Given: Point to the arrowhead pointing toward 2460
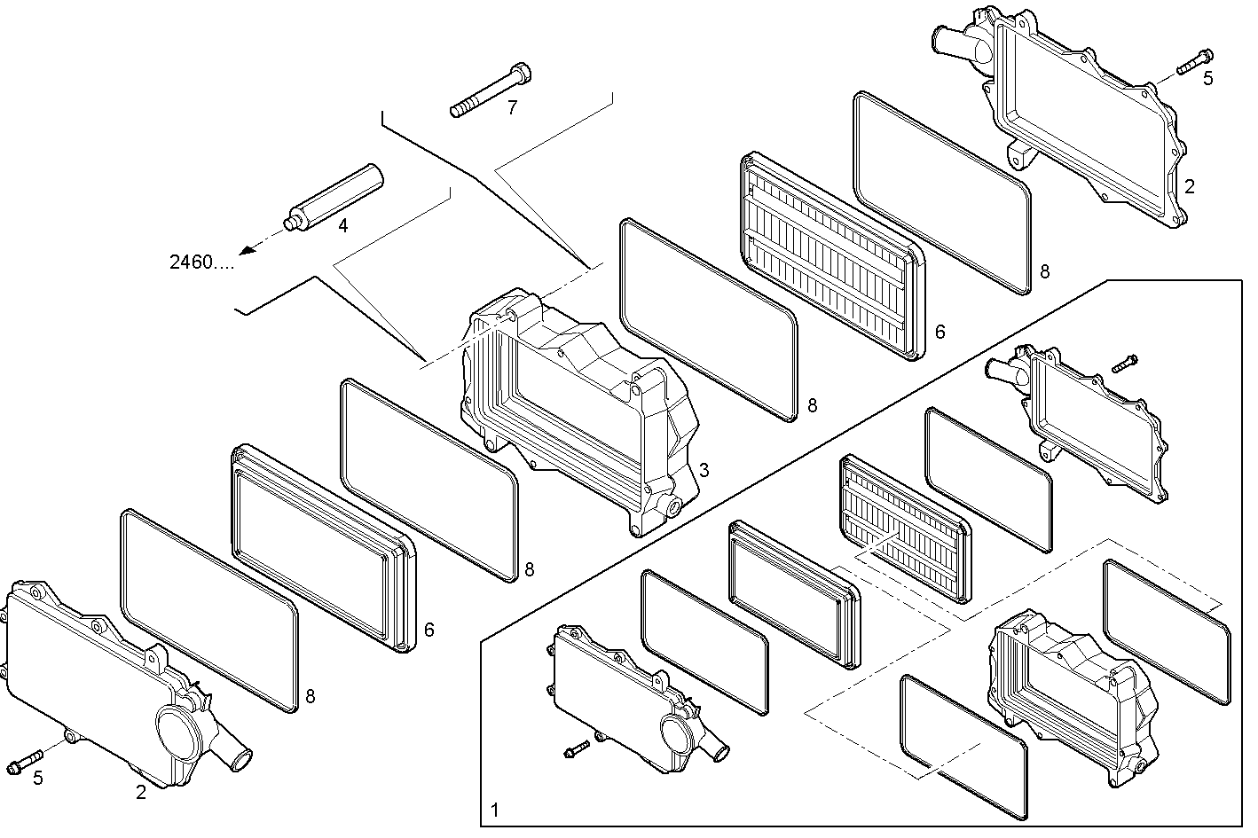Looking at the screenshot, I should coord(248,250).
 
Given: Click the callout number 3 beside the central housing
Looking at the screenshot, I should coord(704,471).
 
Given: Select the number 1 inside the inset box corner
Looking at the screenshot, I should coord(494,810).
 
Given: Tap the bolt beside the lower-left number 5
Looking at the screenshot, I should coord(26,761).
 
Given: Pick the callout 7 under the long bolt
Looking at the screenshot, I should coord(512,109).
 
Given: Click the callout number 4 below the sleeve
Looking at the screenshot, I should coord(343,225).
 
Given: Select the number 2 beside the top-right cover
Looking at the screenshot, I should coord(1190,187).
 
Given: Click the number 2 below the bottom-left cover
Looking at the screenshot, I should coord(141,794).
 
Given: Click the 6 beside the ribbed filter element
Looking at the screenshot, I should coord(940,333).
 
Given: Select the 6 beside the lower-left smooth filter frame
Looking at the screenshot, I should coord(429,630).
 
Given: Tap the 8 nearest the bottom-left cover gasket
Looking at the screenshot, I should coord(310,697).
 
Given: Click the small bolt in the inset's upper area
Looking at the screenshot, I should coord(1124,362).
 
